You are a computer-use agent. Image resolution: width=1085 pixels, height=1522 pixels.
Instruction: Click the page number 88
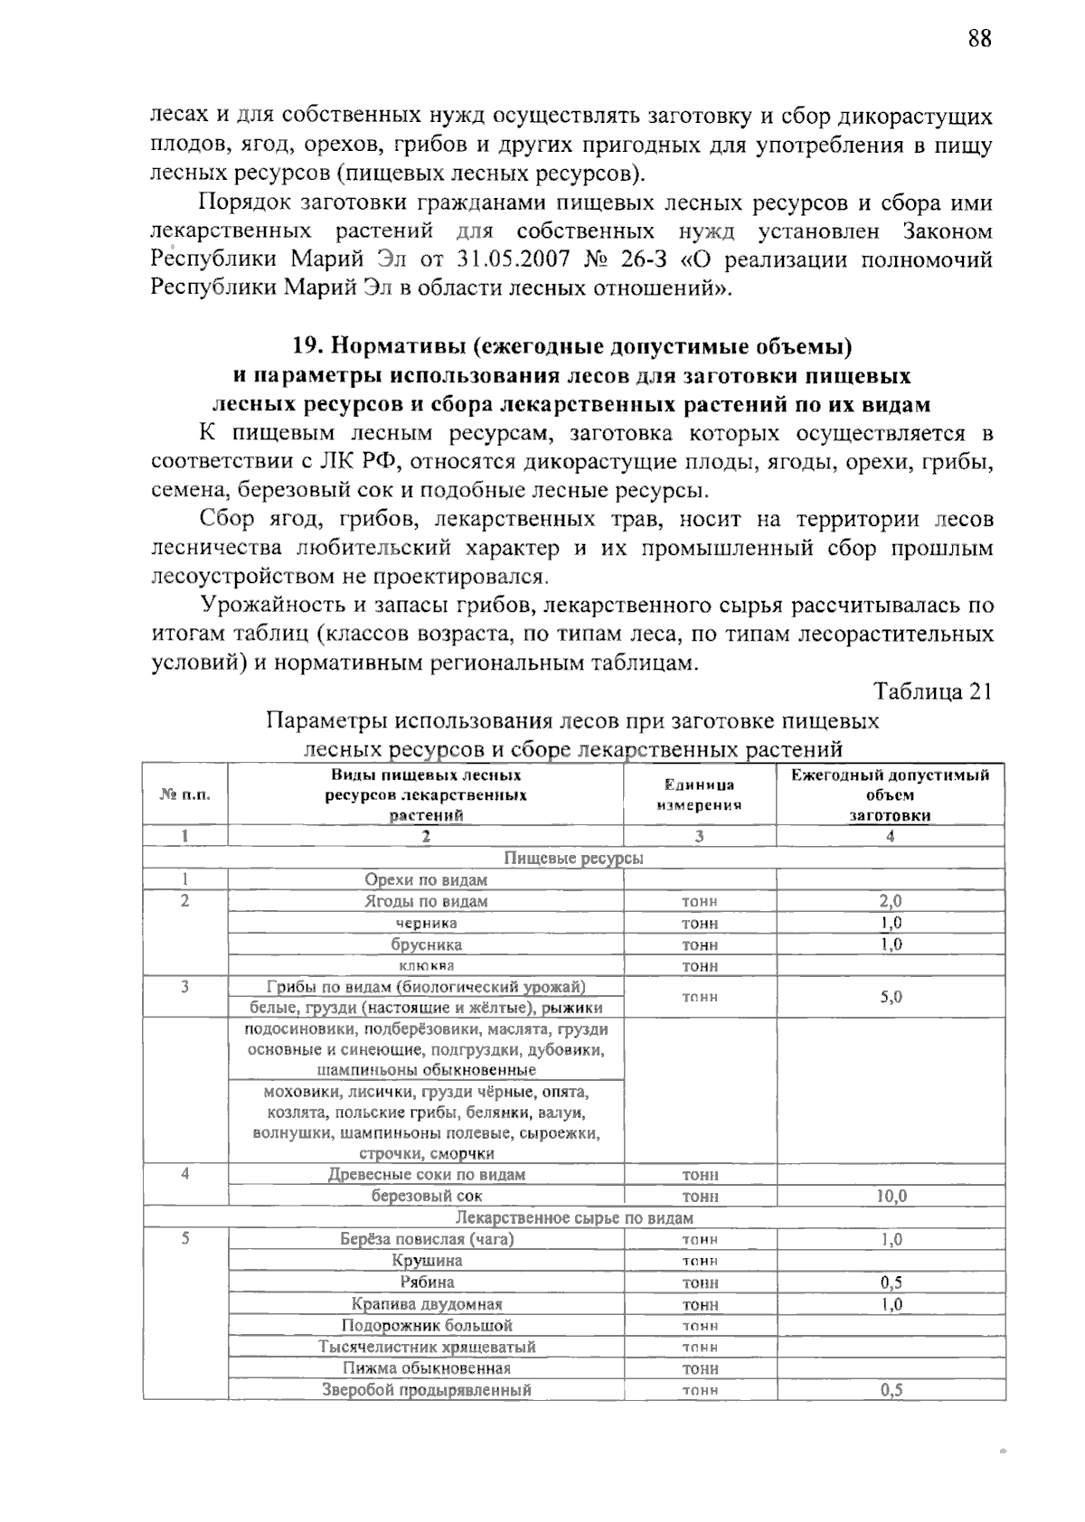[979, 39]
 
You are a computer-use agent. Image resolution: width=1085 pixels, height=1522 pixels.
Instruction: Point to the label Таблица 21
[932, 691]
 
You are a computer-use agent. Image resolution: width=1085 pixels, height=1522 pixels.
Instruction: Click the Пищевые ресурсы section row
[573, 858]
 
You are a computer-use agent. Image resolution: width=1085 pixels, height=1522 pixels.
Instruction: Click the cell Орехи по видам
[426, 879]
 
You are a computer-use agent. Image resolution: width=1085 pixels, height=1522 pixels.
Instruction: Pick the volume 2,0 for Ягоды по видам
[890, 901]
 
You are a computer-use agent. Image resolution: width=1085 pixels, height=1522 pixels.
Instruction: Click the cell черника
[426, 923]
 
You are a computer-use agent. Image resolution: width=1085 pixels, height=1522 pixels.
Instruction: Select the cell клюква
[426, 966]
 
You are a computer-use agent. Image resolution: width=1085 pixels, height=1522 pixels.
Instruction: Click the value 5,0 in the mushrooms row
[890, 997]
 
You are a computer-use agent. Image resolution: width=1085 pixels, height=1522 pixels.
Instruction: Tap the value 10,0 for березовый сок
[890, 1196]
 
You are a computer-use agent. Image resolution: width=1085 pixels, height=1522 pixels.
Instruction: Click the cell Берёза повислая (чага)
[426, 1239]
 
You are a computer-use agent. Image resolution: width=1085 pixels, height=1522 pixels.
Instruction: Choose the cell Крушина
[426, 1261]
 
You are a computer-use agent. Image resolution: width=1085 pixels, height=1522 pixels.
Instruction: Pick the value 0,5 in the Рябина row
[890, 1282]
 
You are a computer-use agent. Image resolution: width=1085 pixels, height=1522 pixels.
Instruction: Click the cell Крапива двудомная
[426, 1304]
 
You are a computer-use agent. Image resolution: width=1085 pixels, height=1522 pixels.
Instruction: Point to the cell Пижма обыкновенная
[426, 1368]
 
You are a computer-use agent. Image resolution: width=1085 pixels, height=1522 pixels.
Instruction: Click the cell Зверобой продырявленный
[426, 1390]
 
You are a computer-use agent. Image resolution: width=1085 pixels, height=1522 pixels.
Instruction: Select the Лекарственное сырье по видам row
[573, 1217]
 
